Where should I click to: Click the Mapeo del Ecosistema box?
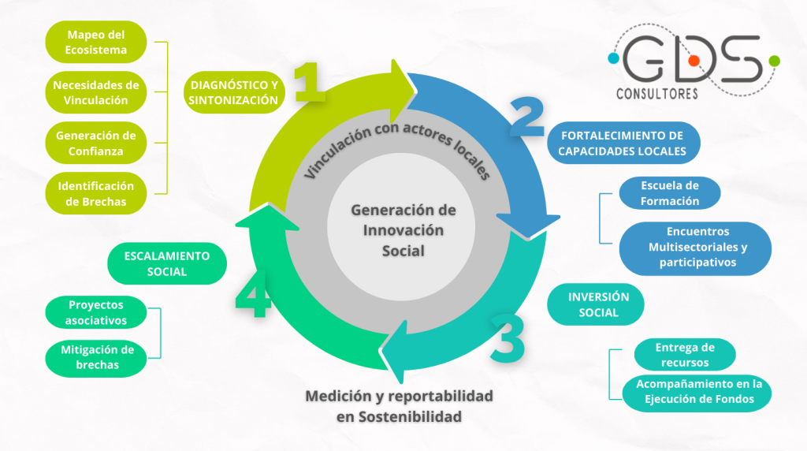(96, 42)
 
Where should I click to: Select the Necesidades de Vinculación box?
(96, 92)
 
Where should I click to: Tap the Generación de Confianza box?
(96, 143)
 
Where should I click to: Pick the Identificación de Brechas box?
(96, 193)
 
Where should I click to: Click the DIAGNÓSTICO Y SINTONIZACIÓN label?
(233, 92)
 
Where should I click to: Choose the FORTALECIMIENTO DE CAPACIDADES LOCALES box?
(623, 143)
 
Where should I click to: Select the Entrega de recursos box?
(684, 355)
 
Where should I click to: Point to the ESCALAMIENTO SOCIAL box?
(166, 263)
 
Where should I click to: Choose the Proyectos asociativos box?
(96, 312)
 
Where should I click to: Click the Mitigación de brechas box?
(96, 357)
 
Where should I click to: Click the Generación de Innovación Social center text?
(403, 231)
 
